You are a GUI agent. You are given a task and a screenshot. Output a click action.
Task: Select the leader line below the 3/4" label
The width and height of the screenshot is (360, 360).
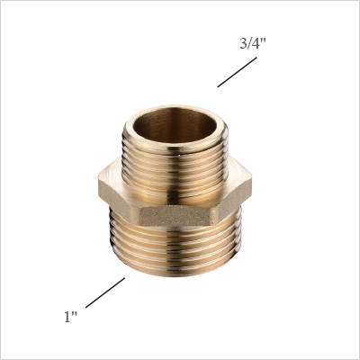coord(236,72)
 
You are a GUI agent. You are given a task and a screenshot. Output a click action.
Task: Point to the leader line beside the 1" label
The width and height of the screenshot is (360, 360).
coord(105,292)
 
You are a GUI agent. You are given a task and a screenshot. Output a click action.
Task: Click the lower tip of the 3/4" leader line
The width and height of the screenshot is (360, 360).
coord(219,85)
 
